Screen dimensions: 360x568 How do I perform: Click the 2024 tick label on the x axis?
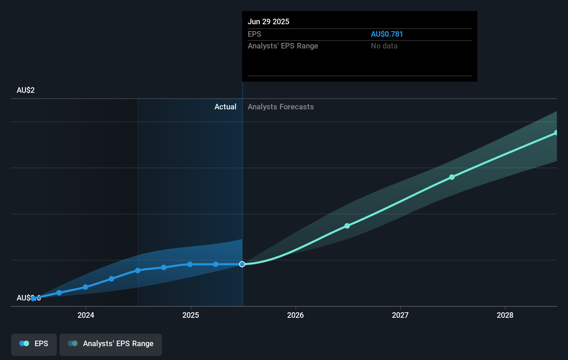(86, 315)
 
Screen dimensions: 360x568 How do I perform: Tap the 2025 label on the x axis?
(191, 315)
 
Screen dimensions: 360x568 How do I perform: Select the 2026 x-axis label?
(295, 315)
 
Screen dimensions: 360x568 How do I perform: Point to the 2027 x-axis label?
(400, 315)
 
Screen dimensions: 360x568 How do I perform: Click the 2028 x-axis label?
(505, 315)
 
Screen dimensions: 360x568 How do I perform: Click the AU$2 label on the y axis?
(26, 90)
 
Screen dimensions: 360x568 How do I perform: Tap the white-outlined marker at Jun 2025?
(242, 264)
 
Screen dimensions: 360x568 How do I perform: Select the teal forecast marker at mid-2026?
(347, 226)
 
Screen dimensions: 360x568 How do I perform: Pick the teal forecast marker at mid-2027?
(452, 177)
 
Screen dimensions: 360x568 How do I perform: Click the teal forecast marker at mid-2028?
(556, 133)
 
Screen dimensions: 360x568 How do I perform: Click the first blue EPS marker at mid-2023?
(33, 298)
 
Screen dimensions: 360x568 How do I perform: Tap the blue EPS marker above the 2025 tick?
(190, 264)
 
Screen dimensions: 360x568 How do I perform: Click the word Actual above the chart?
(225, 107)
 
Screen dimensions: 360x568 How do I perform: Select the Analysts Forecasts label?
(281, 107)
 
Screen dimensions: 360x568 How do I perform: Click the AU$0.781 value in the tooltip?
(387, 34)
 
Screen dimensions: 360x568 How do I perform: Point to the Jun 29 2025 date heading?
(268, 21)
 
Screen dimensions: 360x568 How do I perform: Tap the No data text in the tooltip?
(384, 46)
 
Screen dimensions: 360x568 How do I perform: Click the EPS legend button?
(34, 343)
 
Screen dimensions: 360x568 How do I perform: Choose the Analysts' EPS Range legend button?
(111, 343)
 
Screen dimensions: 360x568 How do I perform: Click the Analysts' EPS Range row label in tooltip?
(283, 46)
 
